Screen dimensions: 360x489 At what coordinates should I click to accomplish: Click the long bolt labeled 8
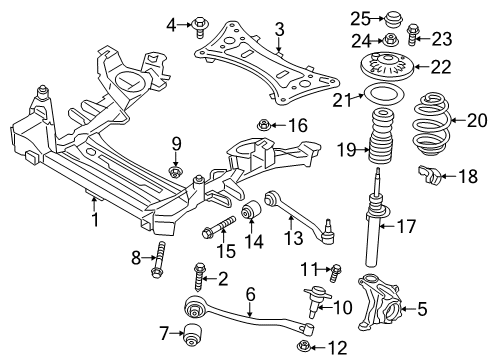[158, 266]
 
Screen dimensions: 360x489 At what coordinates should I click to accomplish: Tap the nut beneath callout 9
[175, 173]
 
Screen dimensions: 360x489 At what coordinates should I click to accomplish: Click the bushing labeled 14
[253, 213]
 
